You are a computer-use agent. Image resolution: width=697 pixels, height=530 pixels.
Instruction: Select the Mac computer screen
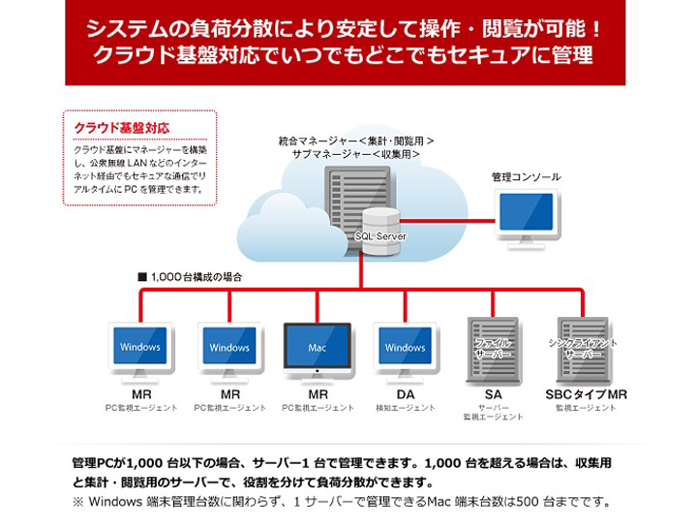point(318,346)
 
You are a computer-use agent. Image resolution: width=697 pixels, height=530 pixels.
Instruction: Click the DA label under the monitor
point(405,394)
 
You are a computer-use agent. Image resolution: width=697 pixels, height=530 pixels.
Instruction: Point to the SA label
point(493,394)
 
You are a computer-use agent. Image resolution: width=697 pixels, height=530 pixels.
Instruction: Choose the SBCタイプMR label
point(586,394)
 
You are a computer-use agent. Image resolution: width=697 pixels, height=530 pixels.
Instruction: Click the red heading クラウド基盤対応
point(122,128)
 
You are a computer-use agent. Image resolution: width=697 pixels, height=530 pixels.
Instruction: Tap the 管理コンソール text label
point(526,177)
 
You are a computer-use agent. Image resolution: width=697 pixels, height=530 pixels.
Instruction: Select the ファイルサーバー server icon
point(493,349)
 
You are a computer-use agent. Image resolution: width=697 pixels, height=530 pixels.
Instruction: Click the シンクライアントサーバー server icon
point(583,349)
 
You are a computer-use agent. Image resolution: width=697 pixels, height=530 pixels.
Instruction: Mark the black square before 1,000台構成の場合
point(141,277)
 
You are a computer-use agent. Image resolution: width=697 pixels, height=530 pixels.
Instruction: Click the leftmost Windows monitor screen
point(141,346)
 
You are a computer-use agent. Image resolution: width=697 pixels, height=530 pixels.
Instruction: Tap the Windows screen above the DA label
point(405,346)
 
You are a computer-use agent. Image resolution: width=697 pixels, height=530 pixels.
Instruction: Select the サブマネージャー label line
point(355,155)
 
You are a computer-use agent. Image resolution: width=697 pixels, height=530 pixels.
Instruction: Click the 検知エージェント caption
point(405,408)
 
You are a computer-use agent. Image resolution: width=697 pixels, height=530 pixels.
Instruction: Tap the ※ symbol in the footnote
point(77,502)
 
